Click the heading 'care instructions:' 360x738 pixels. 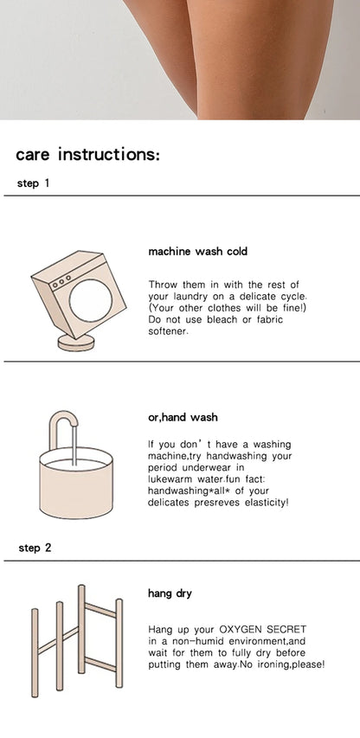[x=88, y=155]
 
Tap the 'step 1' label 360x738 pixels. [x=33, y=183]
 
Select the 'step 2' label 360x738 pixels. [x=35, y=548]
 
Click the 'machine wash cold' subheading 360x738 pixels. [x=197, y=251]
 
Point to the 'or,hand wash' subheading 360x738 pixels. [x=183, y=418]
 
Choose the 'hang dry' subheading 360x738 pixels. [x=170, y=594]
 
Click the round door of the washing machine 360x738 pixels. [x=91, y=301]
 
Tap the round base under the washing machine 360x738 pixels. [x=76, y=343]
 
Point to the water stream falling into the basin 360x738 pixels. [x=74, y=445]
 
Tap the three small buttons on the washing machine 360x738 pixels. [x=61, y=281]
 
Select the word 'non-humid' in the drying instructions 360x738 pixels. [x=189, y=641]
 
